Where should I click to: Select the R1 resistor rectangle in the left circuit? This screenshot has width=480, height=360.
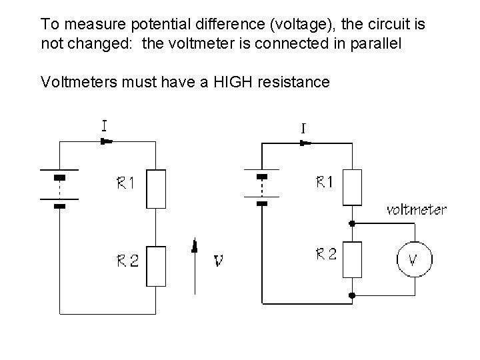point(156,189)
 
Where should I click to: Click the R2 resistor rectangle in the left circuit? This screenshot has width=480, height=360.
point(156,265)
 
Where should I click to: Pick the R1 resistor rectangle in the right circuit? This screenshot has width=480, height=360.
point(352,187)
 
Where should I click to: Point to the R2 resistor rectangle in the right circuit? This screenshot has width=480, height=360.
point(352,259)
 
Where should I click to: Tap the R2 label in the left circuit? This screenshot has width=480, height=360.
point(125,261)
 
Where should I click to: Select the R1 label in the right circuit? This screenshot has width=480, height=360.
point(324,181)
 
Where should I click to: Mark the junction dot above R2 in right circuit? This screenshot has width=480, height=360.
point(352,223)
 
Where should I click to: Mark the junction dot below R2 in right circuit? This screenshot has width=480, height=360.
point(352,295)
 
